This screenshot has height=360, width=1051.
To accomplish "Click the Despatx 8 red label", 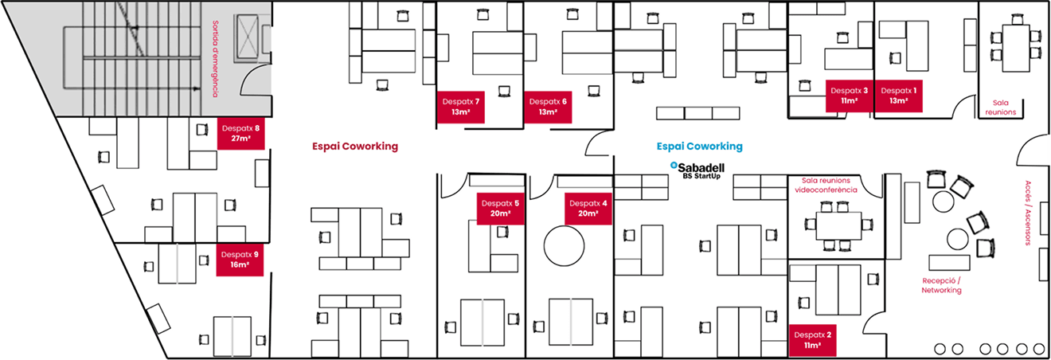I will (x=240, y=133).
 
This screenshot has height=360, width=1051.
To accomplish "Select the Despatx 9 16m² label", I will (x=240, y=259).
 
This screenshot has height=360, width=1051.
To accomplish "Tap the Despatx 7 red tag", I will (x=460, y=107).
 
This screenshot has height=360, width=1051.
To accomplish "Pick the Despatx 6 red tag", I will (x=548, y=107).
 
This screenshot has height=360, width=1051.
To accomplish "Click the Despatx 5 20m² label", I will (x=500, y=209).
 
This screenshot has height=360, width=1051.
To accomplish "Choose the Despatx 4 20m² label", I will (x=588, y=209).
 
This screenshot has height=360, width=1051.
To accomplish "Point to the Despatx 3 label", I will (x=849, y=96).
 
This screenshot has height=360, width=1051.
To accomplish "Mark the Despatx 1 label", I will (x=899, y=96).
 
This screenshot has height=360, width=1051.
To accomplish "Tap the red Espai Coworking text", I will (x=355, y=147).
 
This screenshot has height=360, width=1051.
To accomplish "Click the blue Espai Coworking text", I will (x=700, y=147).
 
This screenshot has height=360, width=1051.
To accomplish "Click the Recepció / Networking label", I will (x=942, y=286).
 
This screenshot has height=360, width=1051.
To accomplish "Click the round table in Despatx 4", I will (x=565, y=246).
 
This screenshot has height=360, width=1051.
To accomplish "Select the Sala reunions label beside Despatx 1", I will (x=1001, y=107).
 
